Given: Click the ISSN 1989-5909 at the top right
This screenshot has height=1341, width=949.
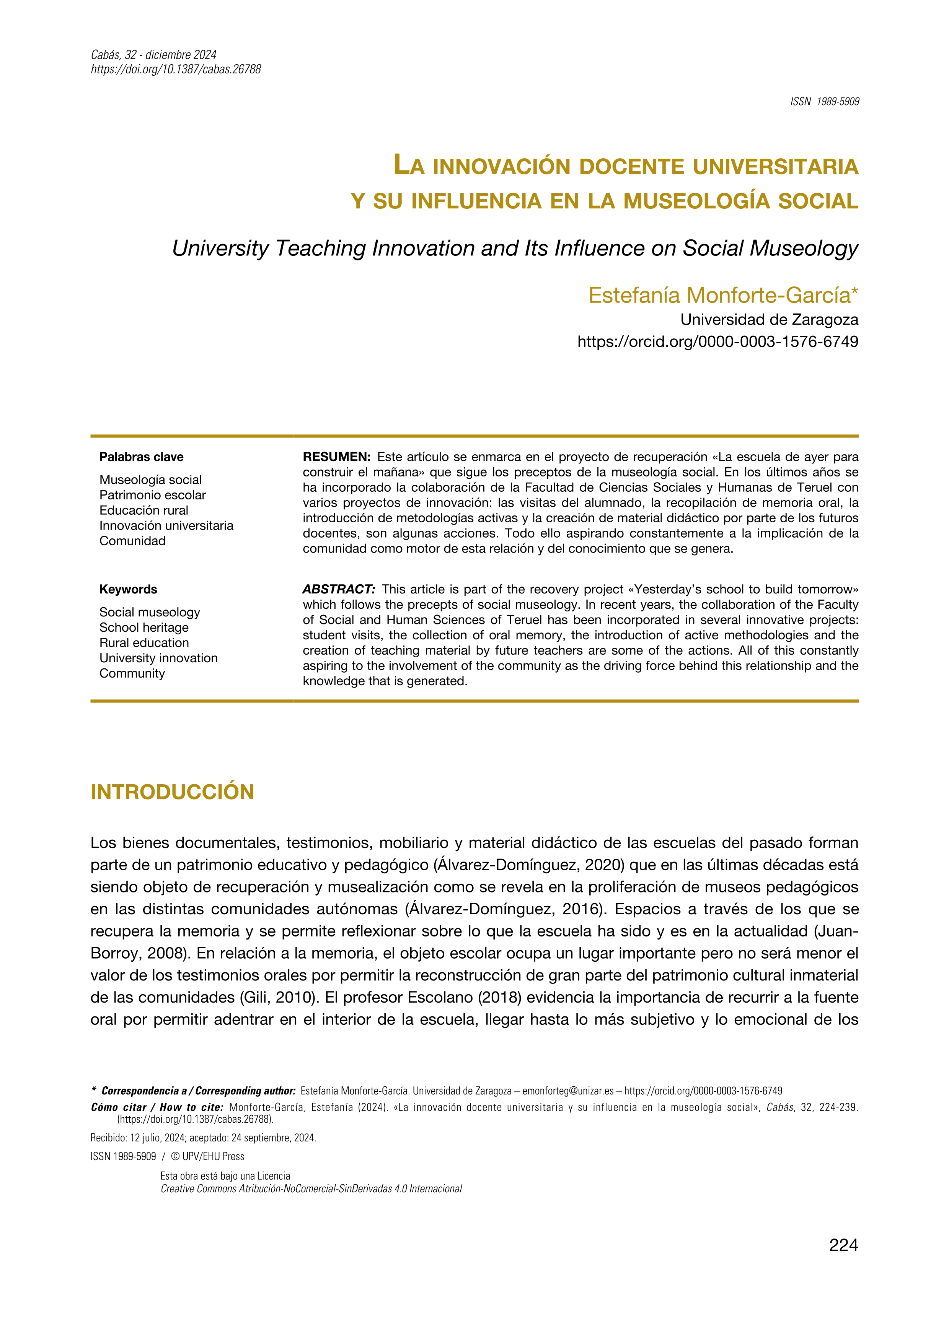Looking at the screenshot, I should [x=825, y=102].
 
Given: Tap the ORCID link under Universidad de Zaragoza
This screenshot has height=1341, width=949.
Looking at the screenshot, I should [x=717, y=342].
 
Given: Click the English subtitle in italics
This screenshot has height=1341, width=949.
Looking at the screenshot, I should [x=515, y=248].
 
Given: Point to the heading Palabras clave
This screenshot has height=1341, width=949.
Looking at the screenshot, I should [x=142, y=457].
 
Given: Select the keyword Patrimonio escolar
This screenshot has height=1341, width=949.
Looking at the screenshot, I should [x=153, y=495].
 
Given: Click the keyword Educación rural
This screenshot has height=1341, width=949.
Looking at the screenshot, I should [x=144, y=510].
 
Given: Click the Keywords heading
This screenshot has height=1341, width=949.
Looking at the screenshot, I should [x=128, y=589].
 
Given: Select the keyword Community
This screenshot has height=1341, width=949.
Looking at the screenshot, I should [x=132, y=673].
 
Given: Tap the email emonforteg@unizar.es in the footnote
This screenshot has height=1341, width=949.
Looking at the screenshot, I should [x=567, y=1091].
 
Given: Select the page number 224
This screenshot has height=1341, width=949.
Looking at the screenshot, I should [x=843, y=1246].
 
